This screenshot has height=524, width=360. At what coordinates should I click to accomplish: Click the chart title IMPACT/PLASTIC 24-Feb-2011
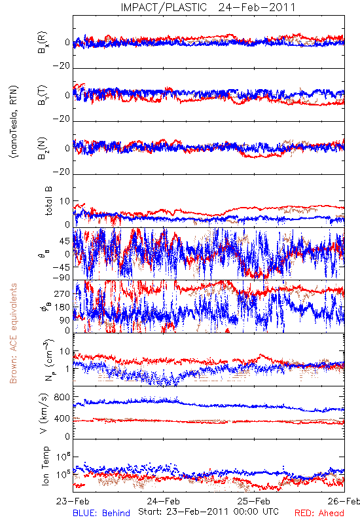tap(208, 7)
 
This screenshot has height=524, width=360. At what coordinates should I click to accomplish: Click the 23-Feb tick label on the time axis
tap(73, 501)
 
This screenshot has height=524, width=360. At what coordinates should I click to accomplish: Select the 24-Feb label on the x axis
tap(163, 501)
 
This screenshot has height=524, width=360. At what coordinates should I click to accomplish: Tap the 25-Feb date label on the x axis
tap(254, 501)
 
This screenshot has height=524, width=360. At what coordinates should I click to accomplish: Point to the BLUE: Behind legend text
tap(101, 513)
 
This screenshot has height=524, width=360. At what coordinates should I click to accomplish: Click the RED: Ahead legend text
tap(319, 513)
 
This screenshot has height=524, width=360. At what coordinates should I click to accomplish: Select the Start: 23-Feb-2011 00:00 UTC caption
tap(208, 512)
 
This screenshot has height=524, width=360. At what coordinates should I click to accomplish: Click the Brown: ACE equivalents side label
tap(13, 333)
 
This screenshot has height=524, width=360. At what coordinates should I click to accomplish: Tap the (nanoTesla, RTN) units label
tap(14, 122)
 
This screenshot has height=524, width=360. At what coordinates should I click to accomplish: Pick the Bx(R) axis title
tap(43, 43)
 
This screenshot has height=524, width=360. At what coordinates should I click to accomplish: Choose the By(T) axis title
tap(43, 95)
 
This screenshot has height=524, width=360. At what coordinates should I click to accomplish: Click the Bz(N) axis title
tap(43, 148)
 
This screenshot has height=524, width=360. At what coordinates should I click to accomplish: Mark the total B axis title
tap(48, 201)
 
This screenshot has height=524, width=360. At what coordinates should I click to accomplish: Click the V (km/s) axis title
tap(44, 413)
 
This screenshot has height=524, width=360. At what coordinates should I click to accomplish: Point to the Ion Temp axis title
tap(45, 466)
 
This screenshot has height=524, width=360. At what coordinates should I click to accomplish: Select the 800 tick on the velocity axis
tap(62, 397)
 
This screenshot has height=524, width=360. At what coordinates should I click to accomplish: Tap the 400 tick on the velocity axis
tap(62, 419)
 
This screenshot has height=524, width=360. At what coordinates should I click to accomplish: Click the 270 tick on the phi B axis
tap(62, 293)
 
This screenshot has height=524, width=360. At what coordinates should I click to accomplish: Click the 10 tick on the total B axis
tap(65, 201)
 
